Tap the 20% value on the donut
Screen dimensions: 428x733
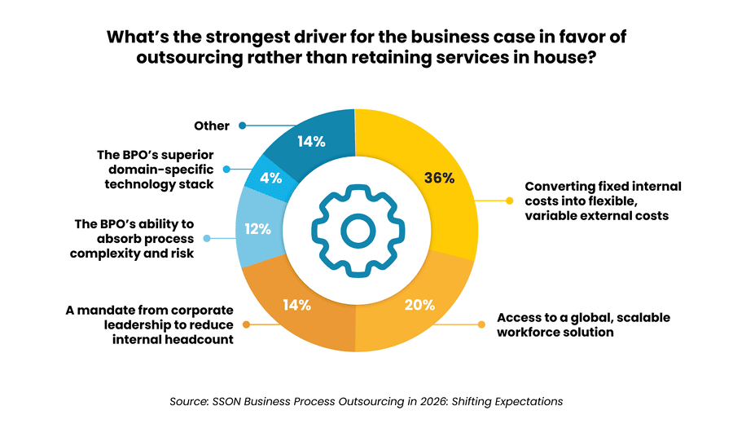pos(419,305)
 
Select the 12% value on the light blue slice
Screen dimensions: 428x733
pos(258,229)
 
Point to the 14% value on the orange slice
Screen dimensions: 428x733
pos(296,305)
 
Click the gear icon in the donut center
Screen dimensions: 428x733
pos(355,232)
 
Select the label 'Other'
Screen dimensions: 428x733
pos(212,126)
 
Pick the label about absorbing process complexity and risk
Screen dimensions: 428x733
pos(134,238)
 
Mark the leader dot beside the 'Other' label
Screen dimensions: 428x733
pos(243,126)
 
